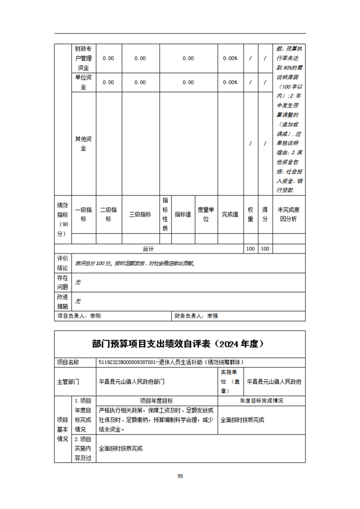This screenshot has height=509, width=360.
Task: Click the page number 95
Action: [x=180, y=476]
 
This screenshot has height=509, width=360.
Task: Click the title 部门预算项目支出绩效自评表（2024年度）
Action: [x=180, y=344]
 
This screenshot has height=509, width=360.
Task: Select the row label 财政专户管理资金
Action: [x=84, y=58]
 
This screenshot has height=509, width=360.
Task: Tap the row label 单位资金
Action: [x=84, y=82]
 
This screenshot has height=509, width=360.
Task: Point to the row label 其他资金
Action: [x=84, y=143]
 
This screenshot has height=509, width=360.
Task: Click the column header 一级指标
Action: [x=84, y=214]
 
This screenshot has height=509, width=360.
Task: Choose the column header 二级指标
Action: [x=108, y=214]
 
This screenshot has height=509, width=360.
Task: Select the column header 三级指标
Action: [x=140, y=215]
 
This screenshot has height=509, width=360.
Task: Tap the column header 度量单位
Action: [x=206, y=214]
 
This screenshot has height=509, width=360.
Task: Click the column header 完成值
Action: [x=230, y=215]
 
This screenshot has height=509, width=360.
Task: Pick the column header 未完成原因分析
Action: [x=288, y=214]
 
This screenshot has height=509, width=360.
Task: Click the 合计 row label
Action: [x=148, y=249]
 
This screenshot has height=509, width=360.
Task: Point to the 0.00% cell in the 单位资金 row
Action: [x=230, y=82]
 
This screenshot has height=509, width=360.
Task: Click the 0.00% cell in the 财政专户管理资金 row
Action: [x=230, y=58]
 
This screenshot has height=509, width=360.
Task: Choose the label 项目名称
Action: [x=68, y=362]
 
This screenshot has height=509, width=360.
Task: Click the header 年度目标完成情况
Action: [x=261, y=401]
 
